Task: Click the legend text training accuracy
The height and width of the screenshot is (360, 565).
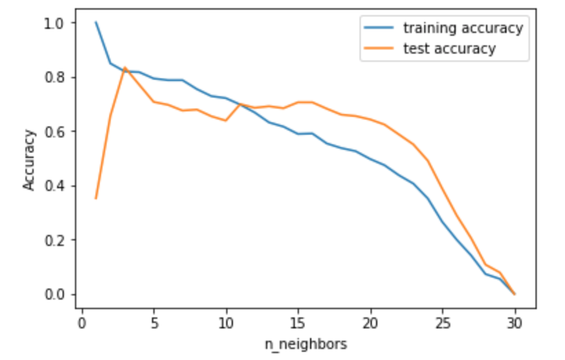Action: pos(463,28)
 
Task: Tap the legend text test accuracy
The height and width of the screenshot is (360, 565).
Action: pos(449,48)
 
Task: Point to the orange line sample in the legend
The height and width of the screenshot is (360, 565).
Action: pos(380,48)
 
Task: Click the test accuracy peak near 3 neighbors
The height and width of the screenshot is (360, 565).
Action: pos(124,67)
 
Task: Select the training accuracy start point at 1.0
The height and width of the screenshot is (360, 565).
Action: pos(96,22)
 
